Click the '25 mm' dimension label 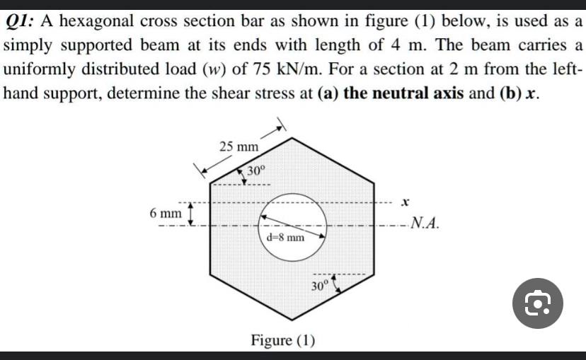tap(239, 147)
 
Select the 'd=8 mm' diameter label tap(286, 237)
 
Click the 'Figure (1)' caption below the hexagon tap(282, 340)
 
